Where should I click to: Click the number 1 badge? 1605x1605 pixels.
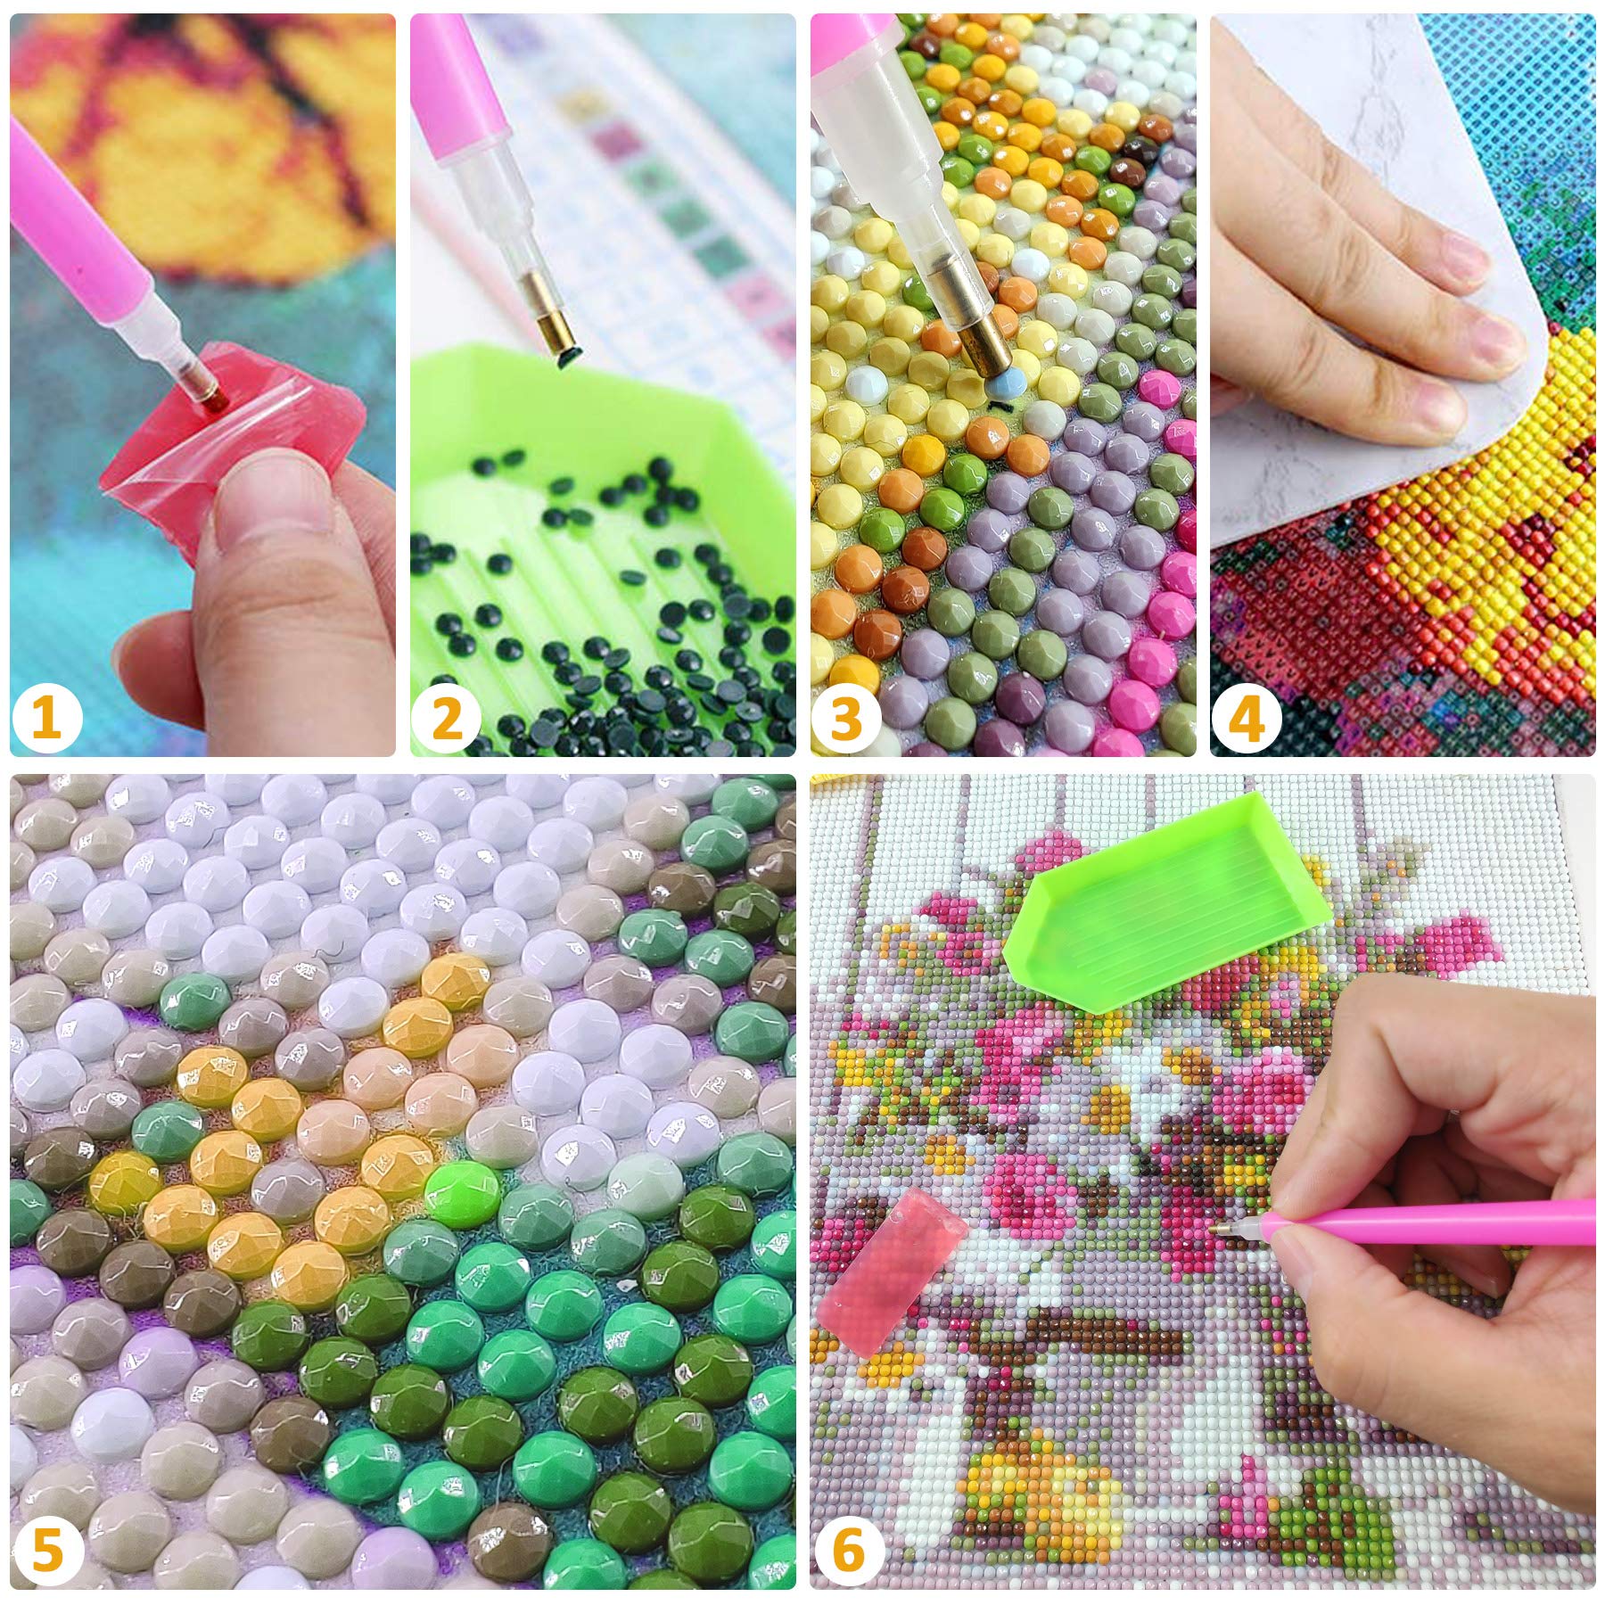[x=47, y=718]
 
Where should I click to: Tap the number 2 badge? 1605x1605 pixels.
[x=449, y=718]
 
